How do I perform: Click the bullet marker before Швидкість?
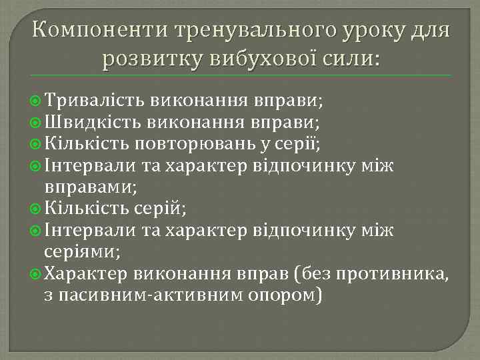tap(38, 122)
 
